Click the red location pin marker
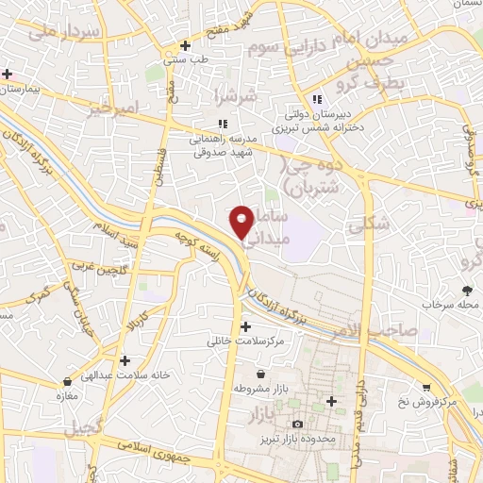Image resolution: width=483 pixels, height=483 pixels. (242, 222)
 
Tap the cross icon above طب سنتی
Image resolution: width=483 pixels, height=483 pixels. (186, 45)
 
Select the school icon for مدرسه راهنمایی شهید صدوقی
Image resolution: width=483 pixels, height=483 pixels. (223, 123)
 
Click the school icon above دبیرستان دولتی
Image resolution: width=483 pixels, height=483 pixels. (318, 99)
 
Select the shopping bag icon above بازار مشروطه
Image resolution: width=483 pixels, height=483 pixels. (260, 375)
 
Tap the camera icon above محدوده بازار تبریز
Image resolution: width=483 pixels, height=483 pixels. (298, 425)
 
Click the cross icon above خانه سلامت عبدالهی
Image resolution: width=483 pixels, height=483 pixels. (125, 360)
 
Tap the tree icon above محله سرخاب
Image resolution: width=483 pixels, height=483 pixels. (466, 291)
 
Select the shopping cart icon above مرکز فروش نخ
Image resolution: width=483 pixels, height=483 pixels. (426, 387)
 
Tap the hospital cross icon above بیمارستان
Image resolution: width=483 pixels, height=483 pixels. (8, 74)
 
